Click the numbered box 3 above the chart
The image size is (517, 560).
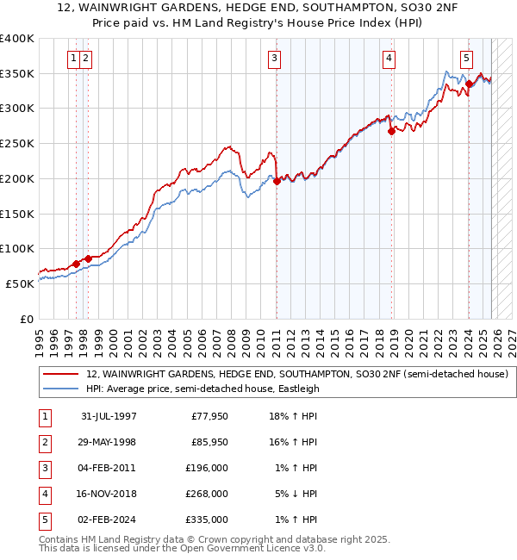point(274,59)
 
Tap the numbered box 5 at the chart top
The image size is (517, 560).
point(466,59)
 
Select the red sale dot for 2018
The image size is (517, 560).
point(391,131)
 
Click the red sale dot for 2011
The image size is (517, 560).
point(277,181)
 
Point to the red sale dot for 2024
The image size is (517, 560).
point(469,84)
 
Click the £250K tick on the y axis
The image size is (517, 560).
point(18,143)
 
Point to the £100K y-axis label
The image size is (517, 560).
point(18,248)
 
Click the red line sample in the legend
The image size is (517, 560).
point(60,375)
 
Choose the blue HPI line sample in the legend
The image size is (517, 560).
point(60,389)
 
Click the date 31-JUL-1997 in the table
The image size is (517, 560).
point(109,416)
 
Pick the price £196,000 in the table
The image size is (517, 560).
point(206,468)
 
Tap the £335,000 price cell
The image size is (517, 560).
point(206,520)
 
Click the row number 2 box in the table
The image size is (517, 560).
point(44,442)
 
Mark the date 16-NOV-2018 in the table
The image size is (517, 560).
point(109,494)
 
